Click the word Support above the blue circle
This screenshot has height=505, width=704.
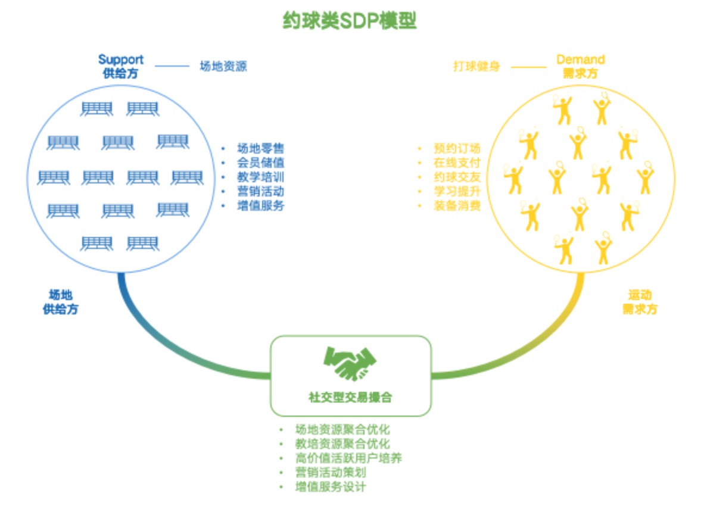121,60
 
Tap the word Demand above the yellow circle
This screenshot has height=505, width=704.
580,60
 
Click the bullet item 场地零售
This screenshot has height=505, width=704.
260,149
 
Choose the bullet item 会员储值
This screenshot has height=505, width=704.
260,163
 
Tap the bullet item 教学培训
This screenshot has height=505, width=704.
260,177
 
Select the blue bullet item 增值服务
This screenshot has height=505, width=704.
260,206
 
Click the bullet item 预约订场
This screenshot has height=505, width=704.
457,149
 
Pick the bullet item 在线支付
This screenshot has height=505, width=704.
457,163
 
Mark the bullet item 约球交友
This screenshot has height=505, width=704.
457,177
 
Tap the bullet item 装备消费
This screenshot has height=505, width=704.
457,206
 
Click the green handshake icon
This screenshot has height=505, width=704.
350,364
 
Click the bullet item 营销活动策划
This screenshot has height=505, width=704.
330,473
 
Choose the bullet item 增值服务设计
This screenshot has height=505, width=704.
330,487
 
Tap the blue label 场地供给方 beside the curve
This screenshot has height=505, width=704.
61,302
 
